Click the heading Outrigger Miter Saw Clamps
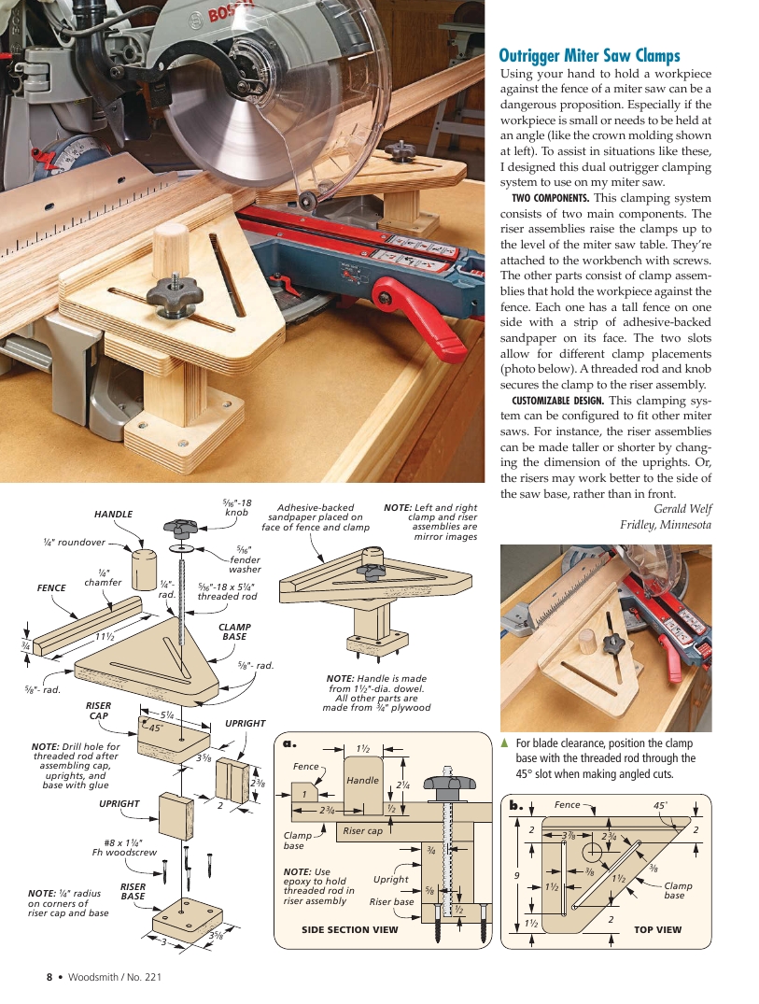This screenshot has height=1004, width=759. click(x=590, y=56)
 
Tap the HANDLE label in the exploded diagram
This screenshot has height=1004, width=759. click(x=113, y=515)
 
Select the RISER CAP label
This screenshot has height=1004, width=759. click(x=99, y=711)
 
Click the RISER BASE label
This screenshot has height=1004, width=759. click(x=132, y=891)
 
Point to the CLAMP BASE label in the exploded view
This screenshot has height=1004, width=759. click(x=233, y=631)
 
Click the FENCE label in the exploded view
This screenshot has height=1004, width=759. click(x=51, y=588)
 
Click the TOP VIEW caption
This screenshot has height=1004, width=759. click(x=657, y=929)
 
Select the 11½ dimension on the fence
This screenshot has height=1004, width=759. click(x=104, y=636)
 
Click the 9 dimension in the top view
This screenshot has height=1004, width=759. click(x=516, y=874)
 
